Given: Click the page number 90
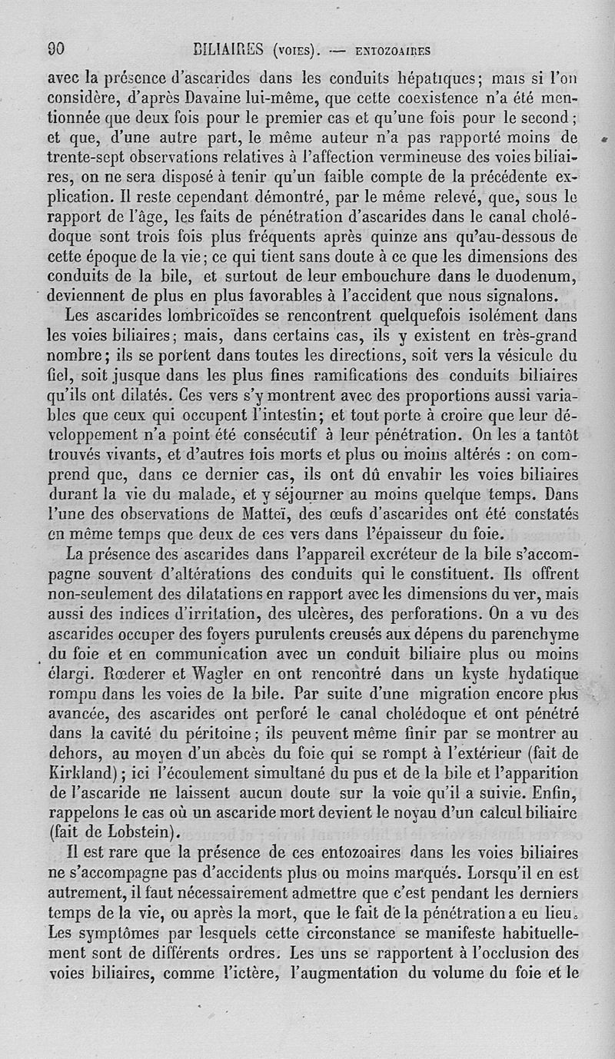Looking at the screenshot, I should pyautogui.click(x=56, y=50).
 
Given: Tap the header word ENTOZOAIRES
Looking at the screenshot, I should pyautogui.click(x=392, y=51).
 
